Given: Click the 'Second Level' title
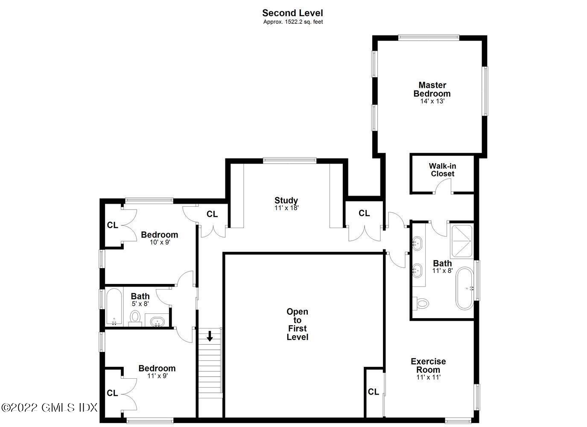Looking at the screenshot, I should coord(292,13).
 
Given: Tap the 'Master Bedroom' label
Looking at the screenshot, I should coord(432,89).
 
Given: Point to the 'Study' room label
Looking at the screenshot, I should coord(286,200).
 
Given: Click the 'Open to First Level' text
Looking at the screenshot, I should coord(297,324).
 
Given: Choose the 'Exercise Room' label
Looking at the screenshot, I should coord(428,366).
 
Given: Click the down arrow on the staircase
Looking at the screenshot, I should coord(210,336).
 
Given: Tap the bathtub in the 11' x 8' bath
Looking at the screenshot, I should coord(464,288).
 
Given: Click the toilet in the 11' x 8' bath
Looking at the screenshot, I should coord(422,304).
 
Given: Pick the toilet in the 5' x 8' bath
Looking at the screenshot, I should coord(135,317).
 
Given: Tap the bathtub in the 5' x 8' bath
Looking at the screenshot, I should coord(114,307).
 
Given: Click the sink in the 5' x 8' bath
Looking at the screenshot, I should coord(158,321).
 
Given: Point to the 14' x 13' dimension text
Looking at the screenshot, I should coord(432,102).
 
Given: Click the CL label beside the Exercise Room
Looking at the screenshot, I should coord(374,392).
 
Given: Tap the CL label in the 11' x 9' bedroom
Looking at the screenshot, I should coord(112,393).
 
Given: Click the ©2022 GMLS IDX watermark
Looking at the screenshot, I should coord(50,407).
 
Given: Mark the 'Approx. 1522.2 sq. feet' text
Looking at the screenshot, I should coord(292,22).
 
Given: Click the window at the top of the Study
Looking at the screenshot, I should coord(289,161).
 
